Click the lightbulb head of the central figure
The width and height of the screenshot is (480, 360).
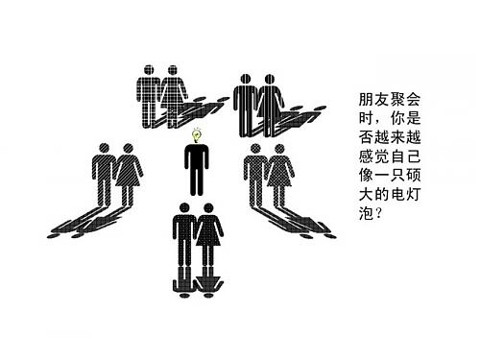tap(197, 136)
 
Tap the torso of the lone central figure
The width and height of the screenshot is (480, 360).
tap(197, 164)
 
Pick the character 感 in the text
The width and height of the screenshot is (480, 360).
tap(363, 153)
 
